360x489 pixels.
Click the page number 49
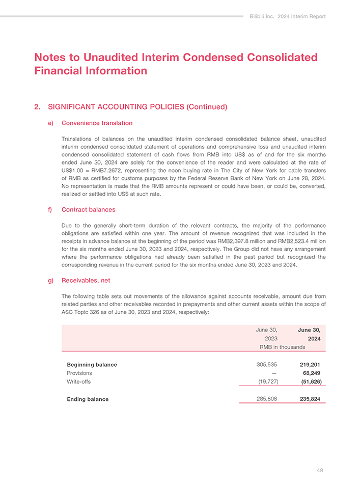pos(319,470)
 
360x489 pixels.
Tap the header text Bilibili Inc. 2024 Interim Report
pos(288,16)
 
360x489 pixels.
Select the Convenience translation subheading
pos(97,123)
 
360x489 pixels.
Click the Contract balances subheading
pos(88,209)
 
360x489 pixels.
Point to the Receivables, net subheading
pos(86,280)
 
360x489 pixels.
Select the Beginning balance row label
pos(92,365)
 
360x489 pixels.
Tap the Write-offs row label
pos(79,381)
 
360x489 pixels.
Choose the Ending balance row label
pos(88,399)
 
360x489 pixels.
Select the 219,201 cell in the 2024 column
pos(310,365)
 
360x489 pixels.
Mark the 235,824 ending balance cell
pos(310,399)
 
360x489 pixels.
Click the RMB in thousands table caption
pos(282,347)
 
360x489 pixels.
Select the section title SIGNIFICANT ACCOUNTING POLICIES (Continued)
pos(137,107)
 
